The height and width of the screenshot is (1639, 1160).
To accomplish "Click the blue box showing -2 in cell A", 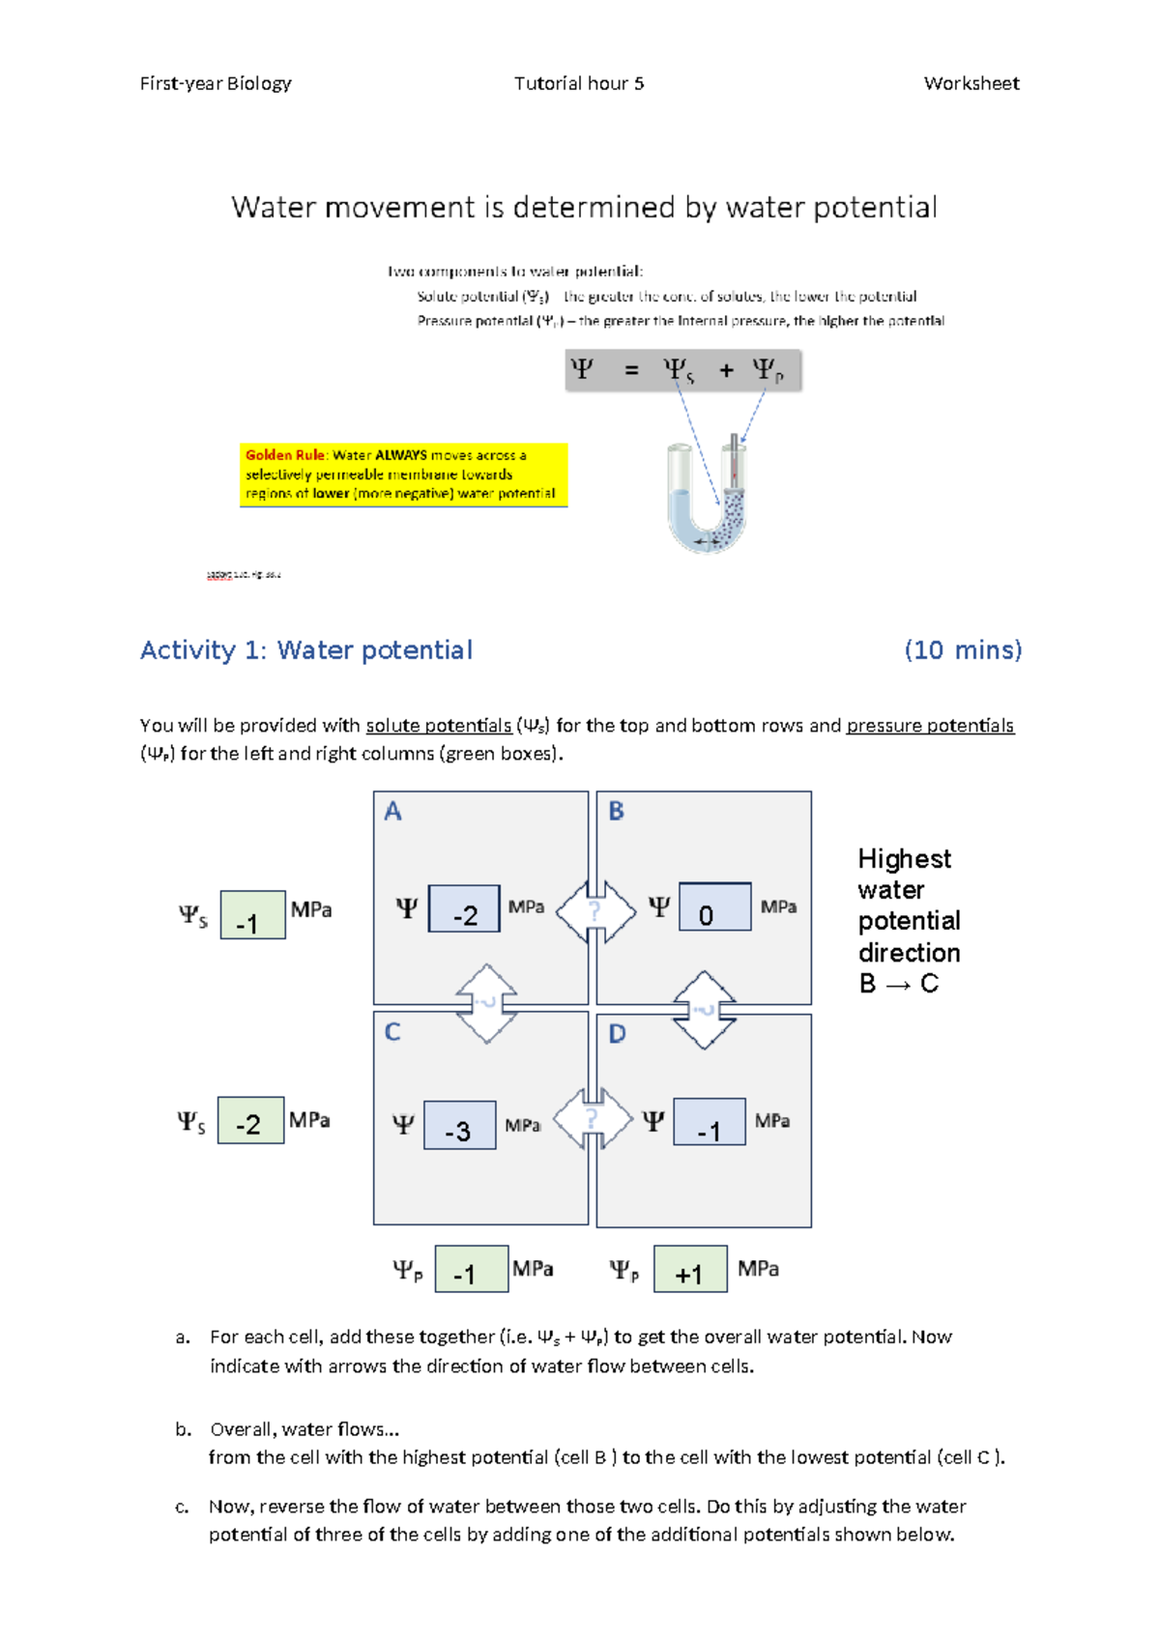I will (464, 908).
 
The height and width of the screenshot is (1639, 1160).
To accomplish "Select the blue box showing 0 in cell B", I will (714, 907).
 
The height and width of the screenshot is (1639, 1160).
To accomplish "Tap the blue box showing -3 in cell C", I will (459, 1125).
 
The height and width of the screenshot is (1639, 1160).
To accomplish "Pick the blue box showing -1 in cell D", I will (709, 1123).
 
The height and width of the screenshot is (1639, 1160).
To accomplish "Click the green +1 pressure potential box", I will (690, 1269).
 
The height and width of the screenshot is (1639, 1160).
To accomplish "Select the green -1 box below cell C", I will (471, 1269).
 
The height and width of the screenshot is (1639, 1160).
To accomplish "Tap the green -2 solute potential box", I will (250, 1121).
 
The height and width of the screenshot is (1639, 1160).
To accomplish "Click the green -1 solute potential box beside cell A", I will (252, 915).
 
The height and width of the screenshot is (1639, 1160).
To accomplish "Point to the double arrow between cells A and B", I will (595, 910).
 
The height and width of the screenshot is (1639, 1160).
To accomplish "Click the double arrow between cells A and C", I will (485, 1003).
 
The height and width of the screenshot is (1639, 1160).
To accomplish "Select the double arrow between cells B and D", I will (704, 1010).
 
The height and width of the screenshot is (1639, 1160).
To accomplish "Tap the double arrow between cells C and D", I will (592, 1118).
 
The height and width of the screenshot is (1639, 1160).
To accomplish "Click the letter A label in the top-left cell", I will (392, 811).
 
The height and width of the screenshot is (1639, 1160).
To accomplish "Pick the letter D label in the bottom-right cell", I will (617, 1034).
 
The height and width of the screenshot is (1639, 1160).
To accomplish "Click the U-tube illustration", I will (708, 495).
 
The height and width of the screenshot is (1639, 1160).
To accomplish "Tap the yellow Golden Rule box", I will (403, 474).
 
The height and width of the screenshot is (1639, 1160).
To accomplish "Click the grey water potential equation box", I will (682, 370).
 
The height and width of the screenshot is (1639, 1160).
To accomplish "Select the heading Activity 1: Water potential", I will (306, 650).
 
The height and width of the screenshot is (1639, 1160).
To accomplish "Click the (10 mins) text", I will (963, 650).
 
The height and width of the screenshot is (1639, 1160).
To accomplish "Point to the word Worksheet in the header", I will (971, 84).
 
